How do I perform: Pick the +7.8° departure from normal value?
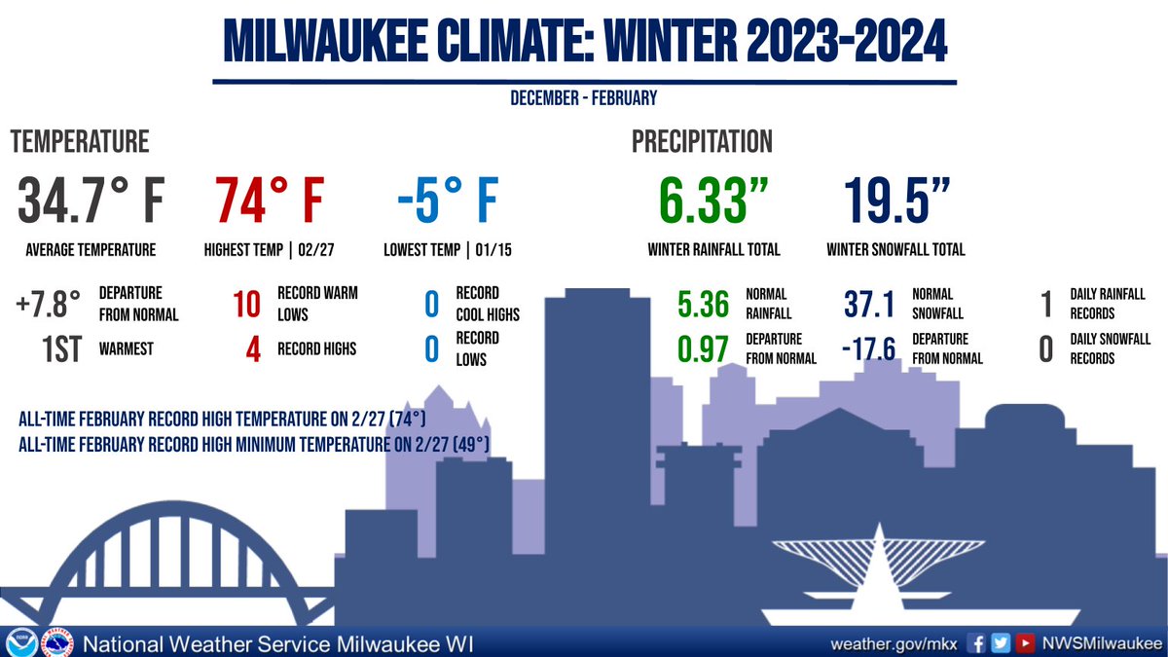[48, 304]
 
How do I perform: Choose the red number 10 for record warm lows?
[246, 304]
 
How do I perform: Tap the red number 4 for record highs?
[253, 348]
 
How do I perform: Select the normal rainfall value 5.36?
[702, 304]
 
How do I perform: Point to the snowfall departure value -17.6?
[868, 348]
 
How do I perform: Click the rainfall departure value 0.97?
[702, 348]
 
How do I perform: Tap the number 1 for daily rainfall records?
[1046, 304]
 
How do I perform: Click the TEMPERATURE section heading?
[80, 141]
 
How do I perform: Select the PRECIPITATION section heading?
[702, 141]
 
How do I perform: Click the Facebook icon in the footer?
[976, 643]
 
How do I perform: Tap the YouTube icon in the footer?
[1025, 643]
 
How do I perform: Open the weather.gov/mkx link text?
[894, 643]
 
